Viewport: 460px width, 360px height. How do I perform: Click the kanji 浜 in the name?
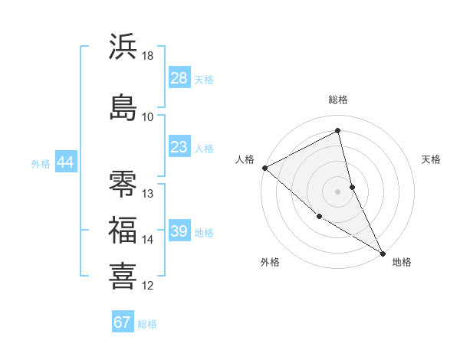click(x=123, y=47)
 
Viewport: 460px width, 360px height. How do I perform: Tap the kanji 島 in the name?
click(x=123, y=107)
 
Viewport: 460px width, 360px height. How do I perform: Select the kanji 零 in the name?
click(x=123, y=184)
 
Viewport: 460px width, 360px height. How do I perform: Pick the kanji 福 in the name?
click(x=123, y=230)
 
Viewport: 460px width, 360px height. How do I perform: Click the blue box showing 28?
click(x=179, y=79)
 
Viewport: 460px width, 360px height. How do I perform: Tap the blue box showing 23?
click(x=179, y=147)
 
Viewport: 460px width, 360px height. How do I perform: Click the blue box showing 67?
click(x=123, y=322)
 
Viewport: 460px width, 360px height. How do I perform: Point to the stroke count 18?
click(x=148, y=57)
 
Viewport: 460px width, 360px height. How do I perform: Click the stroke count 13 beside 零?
click(x=148, y=194)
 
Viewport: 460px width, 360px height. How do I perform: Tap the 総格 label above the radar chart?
click(x=338, y=100)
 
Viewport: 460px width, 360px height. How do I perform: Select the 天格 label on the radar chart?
click(x=431, y=159)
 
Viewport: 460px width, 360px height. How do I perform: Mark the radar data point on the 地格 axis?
click(x=383, y=252)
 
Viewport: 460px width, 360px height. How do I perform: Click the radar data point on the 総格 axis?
click(x=338, y=131)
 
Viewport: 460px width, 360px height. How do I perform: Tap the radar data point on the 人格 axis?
click(x=264, y=168)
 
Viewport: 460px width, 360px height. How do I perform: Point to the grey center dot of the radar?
click(x=338, y=191)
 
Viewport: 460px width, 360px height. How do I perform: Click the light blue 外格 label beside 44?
click(x=41, y=163)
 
